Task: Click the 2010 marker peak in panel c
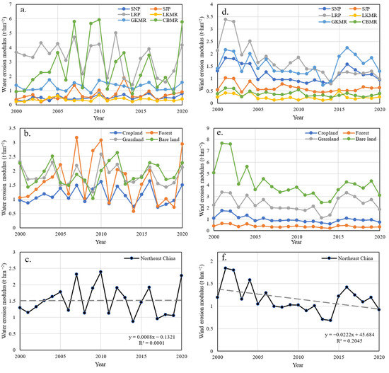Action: click(x=100, y=272)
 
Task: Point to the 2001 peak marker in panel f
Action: click(x=226, y=268)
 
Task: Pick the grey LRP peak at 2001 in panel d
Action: click(x=226, y=19)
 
